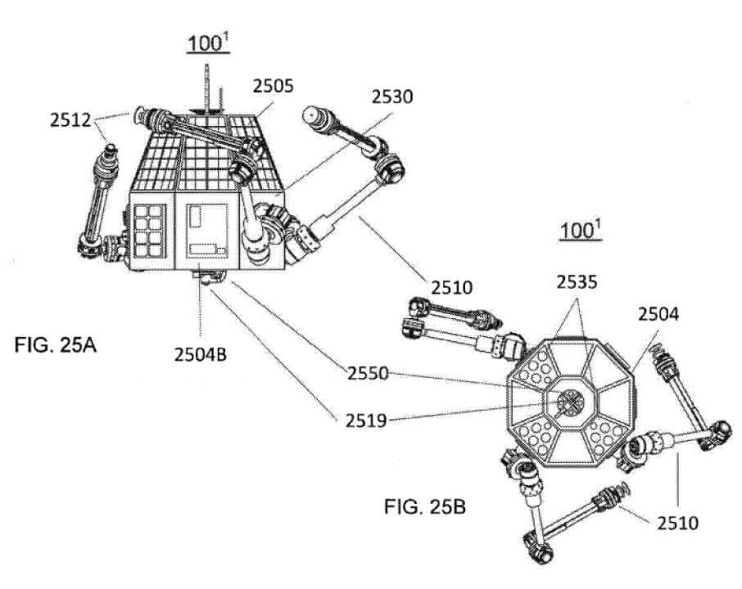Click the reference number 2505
[274, 85]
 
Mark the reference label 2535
[579, 283]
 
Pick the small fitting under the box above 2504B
[203, 277]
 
